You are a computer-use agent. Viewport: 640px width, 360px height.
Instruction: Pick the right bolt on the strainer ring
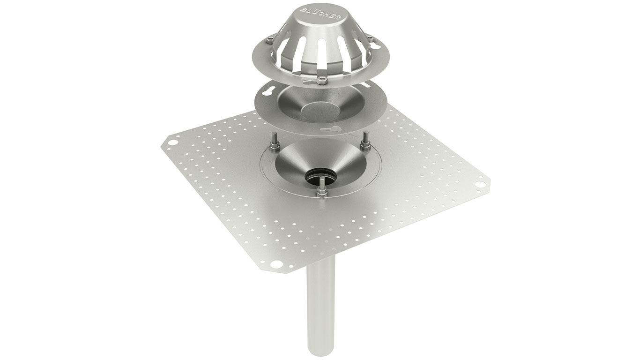pos(371,38)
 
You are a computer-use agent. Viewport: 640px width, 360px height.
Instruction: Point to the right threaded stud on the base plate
pos(365,141)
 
